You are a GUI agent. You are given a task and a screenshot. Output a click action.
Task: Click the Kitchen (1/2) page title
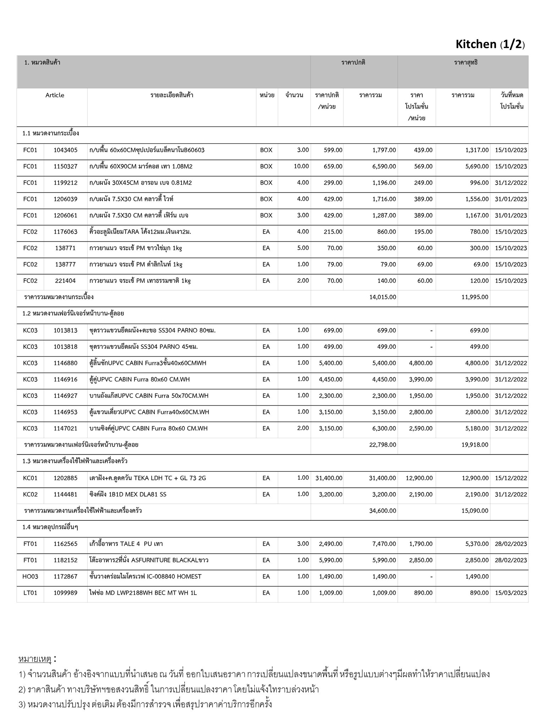[x=490, y=44]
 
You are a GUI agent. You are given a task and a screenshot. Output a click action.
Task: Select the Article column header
[x=55, y=95]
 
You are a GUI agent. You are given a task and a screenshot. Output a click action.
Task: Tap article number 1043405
[x=65, y=150]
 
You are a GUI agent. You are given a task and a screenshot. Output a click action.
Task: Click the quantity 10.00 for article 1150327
[x=301, y=166]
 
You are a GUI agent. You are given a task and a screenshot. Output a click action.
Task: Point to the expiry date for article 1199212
[x=511, y=183]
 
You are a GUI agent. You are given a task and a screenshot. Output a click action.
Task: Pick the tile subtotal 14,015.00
[x=382, y=297]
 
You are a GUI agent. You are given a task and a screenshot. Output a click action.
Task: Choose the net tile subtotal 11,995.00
[x=475, y=297]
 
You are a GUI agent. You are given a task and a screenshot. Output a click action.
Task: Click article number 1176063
[x=65, y=232]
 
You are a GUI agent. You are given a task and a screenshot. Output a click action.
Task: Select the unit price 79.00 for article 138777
[x=334, y=264]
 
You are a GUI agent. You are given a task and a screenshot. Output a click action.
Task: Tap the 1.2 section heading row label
[x=73, y=314]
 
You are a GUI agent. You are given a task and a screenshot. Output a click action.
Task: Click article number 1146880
[x=65, y=363]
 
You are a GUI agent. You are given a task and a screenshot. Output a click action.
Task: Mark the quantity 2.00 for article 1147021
[x=303, y=428]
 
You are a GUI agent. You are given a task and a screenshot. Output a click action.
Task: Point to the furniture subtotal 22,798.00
[x=382, y=445]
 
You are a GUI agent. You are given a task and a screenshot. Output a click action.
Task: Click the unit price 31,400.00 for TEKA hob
[x=329, y=478]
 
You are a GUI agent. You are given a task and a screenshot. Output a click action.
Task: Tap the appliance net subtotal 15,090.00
[x=475, y=511]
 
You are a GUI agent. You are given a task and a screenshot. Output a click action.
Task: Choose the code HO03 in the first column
[x=30, y=576]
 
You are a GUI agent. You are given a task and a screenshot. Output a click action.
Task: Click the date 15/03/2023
[x=511, y=593]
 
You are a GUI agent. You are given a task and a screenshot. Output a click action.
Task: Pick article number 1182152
[x=65, y=560]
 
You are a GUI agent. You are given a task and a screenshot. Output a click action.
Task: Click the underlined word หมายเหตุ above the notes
[x=35, y=659]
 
